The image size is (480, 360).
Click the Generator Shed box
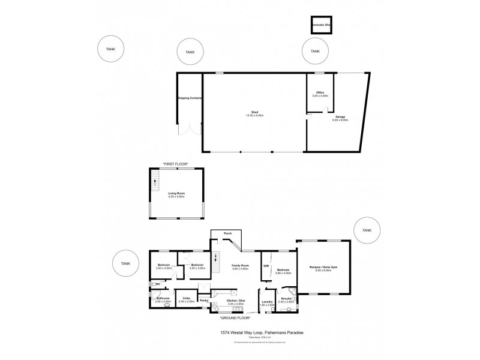tap(321, 25)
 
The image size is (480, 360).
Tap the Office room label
tap(320, 92)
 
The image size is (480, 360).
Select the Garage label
tap(340, 117)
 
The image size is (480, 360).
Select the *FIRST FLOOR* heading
tap(175, 163)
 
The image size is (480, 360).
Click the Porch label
tap(227, 234)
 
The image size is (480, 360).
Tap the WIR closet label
tap(265, 265)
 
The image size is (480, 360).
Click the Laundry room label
tap(268, 302)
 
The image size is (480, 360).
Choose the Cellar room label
tap(187, 298)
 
